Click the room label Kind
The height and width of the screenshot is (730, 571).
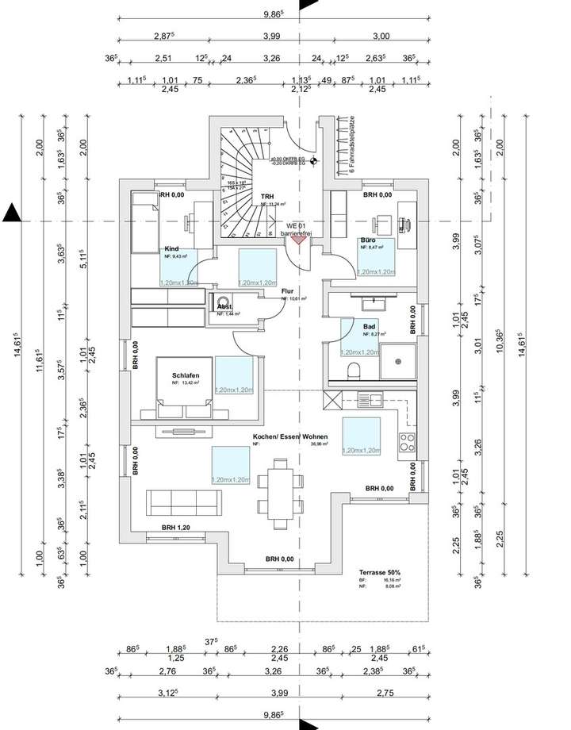172,248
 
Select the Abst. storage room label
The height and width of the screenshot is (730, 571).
225,305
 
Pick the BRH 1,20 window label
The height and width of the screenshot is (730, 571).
177,528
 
